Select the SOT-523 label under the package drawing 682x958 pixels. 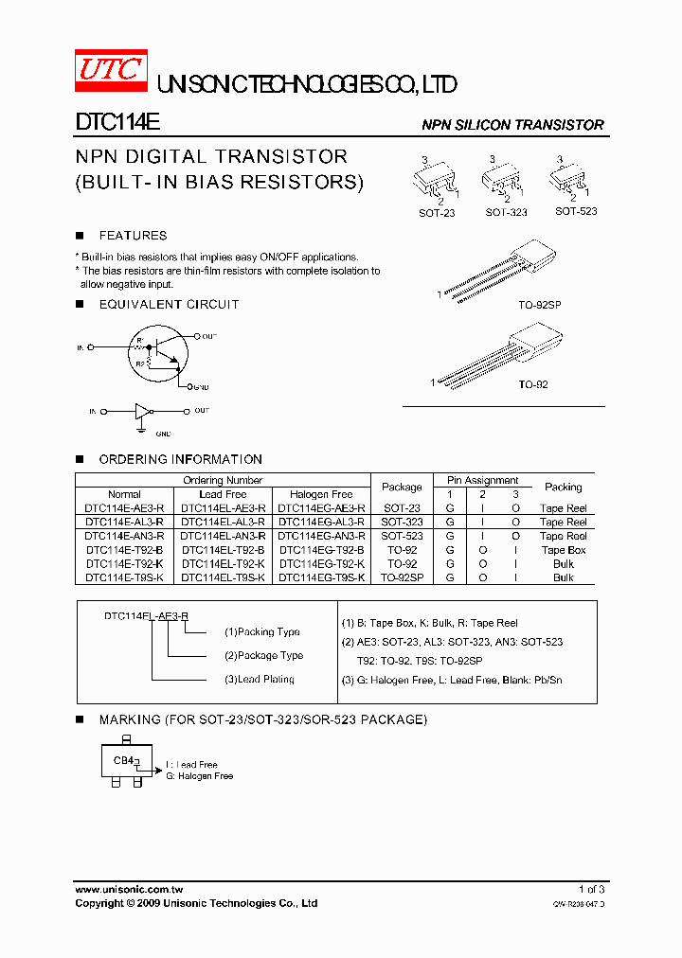(576, 212)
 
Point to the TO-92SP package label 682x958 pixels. (540, 306)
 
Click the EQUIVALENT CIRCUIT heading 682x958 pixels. (169, 305)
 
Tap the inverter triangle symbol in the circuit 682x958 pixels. (142, 411)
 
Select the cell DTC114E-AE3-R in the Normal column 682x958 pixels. (124, 508)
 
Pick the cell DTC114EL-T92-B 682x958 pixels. (223, 550)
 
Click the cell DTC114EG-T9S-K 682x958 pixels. (321, 577)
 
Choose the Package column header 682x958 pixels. (402, 488)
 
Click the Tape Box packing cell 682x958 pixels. (564, 550)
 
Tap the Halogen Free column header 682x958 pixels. (321, 494)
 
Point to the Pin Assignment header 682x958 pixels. (483, 481)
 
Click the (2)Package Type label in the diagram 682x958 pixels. (263, 656)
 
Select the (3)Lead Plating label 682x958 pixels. (259, 680)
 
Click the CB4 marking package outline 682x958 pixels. (125, 762)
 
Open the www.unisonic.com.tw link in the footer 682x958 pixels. (129, 890)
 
